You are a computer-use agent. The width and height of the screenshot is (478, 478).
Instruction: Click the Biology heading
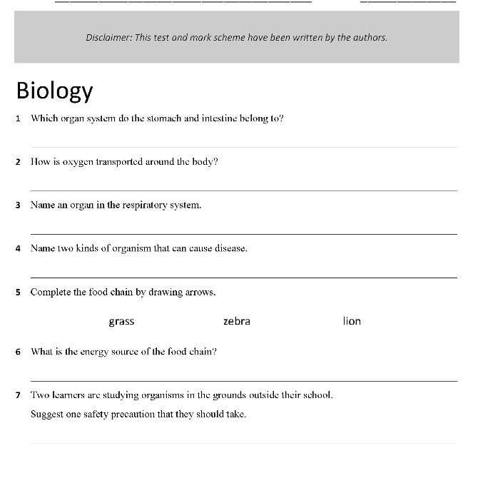click(54, 91)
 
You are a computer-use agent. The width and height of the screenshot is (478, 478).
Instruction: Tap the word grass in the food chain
click(121, 322)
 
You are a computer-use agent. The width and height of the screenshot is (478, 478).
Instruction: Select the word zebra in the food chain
click(237, 321)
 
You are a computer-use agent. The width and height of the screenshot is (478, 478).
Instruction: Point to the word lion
click(352, 321)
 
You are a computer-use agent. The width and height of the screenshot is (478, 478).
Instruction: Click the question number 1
click(18, 118)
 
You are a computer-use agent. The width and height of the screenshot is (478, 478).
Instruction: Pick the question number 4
click(18, 249)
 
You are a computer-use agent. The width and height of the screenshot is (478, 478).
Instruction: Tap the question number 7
click(18, 395)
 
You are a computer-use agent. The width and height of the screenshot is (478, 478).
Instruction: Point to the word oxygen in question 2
click(78, 162)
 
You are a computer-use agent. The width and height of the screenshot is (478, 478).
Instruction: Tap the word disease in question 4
click(230, 249)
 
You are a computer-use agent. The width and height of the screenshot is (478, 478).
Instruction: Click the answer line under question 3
click(243, 233)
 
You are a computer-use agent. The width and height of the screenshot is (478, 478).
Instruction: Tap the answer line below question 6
click(243, 381)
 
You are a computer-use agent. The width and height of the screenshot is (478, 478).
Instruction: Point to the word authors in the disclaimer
click(368, 37)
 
